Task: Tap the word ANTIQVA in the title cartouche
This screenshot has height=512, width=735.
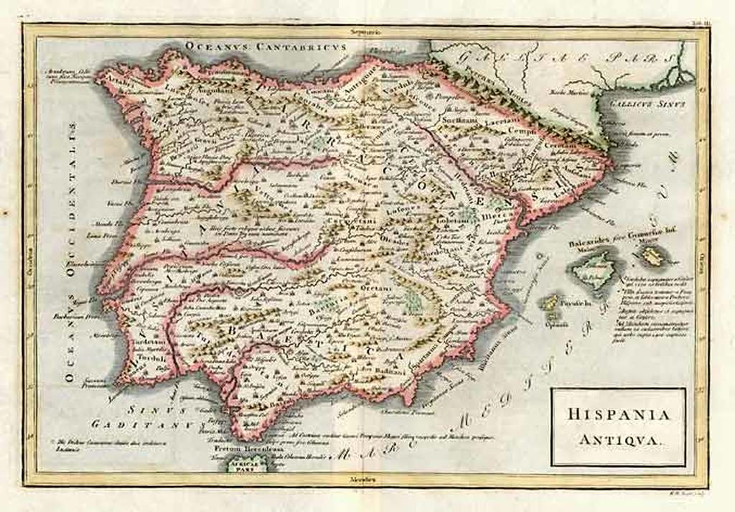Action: coord(619,436)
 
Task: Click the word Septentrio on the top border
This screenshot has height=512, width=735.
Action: coord(365,32)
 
